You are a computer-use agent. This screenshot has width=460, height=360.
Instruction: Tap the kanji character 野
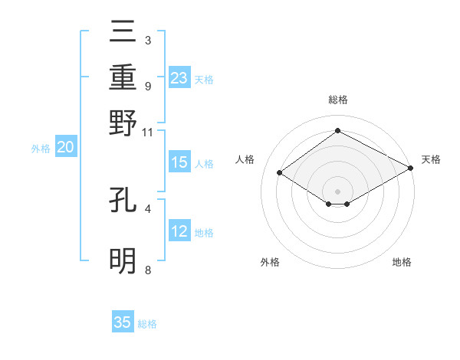pyautogui.click(x=123, y=123)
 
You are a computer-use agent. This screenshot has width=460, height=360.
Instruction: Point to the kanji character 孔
pyautogui.click(x=123, y=199)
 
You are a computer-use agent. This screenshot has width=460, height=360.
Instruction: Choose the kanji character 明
pyautogui.click(x=123, y=260)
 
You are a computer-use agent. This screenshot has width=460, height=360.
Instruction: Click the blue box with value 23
pyautogui.click(x=179, y=78)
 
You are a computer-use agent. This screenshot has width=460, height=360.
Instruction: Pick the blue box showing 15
pyautogui.click(x=179, y=163)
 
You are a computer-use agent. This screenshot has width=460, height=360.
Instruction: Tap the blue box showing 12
pyautogui.click(x=179, y=232)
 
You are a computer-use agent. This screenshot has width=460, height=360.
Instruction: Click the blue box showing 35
pyautogui.click(x=123, y=322)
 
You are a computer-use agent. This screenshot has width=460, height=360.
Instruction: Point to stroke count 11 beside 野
pyautogui.click(x=148, y=132)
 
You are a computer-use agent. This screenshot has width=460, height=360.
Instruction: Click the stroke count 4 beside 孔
pyautogui.click(x=148, y=208)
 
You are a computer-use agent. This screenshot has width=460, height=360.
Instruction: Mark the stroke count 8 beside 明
pyautogui.click(x=148, y=270)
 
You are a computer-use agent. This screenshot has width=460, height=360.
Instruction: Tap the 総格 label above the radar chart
pyautogui.click(x=337, y=100)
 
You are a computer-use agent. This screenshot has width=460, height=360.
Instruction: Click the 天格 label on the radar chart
pyautogui.click(x=431, y=159)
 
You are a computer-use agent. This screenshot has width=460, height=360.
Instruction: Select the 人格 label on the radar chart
pyautogui.click(x=245, y=159)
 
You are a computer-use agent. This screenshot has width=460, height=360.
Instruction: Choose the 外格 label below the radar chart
pyautogui.click(x=270, y=262)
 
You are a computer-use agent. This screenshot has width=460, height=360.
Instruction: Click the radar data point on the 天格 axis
pyautogui.click(x=411, y=169)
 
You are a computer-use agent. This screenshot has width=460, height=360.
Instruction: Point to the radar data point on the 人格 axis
pyautogui.click(x=280, y=173)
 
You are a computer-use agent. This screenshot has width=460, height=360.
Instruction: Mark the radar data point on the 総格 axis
pyautogui.click(x=337, y=130)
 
